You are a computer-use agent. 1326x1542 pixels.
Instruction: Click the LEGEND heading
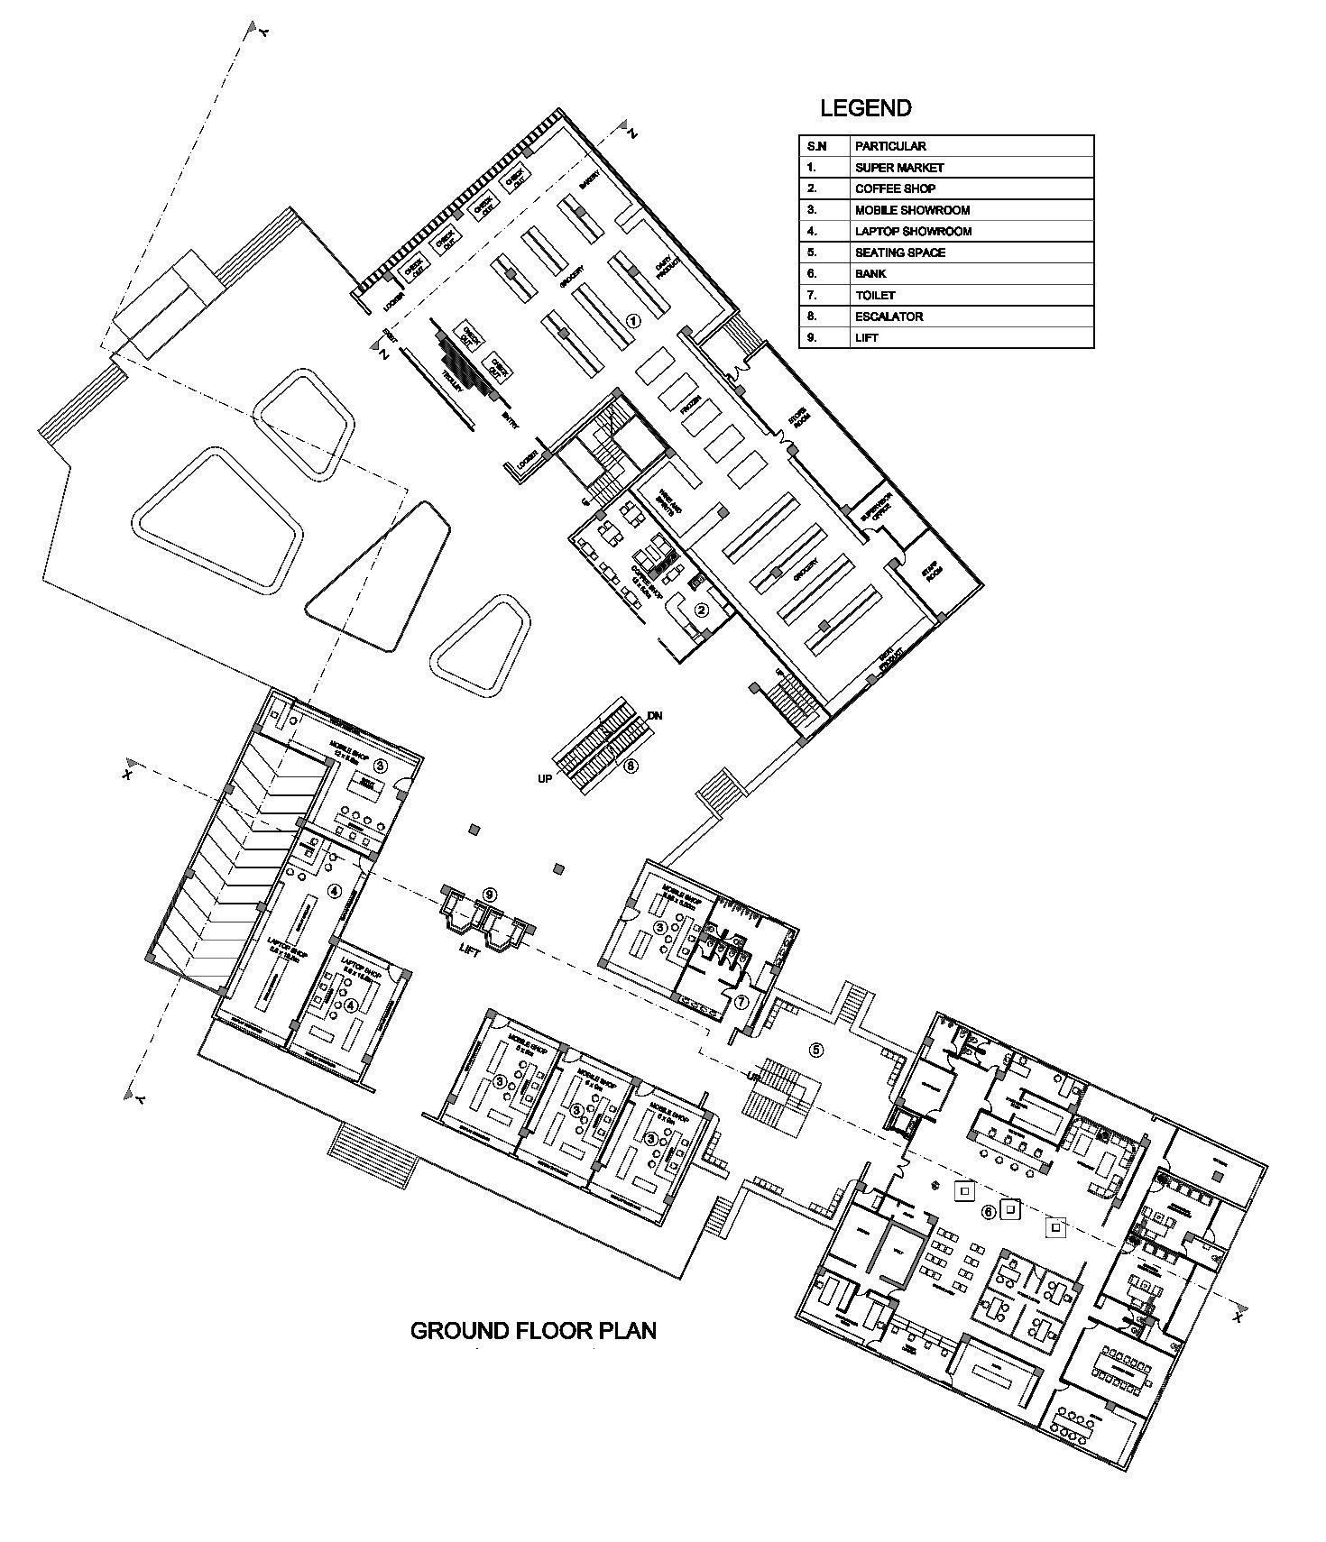(865, 108)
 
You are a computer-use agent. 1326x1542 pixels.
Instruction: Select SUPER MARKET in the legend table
(899, 168)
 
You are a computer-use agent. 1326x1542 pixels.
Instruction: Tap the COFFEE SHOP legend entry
(895, 188)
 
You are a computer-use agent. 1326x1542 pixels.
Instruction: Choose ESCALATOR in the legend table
(889, 317)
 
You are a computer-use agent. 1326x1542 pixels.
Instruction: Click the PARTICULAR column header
(890, 146)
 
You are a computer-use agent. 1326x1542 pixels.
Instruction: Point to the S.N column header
(816, 146)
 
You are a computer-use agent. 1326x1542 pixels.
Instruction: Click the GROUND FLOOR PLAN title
(533, 1330)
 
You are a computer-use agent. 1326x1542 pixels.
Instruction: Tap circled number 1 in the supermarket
(633, 320)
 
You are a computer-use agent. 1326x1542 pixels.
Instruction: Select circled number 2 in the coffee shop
(701, 610)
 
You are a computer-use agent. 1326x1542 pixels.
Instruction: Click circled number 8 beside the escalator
(631, 766)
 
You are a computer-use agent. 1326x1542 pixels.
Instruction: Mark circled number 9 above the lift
(490, 894)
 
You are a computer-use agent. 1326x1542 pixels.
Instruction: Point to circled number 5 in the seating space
(815, 1050)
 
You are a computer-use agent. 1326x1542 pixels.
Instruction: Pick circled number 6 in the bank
(989, 1212)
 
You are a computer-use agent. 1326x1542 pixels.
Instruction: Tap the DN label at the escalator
(655, 716)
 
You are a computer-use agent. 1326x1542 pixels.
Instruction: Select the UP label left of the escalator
(545, 778)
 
